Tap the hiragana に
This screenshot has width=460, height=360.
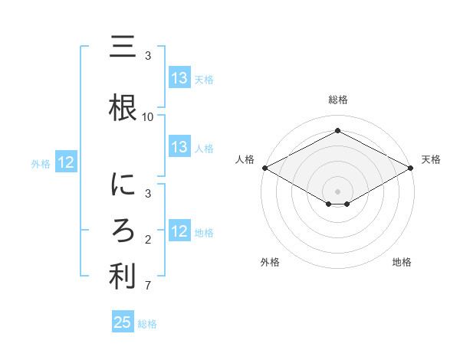tap(123, 185)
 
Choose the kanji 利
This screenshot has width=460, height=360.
tap(123, 277)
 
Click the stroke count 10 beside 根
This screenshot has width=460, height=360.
tap(148, 116)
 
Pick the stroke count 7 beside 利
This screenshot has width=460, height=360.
tap(148, 286)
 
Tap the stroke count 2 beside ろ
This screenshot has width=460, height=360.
tap(148, 241)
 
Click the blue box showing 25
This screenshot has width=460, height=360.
tap(123, 322)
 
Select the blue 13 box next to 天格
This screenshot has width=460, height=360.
tap(179, 78)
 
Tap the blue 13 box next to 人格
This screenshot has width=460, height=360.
tap(179, 148)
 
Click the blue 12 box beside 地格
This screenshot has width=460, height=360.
tap(179, 231)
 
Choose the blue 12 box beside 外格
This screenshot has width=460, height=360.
tap(65, 162)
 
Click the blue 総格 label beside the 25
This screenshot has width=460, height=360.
tap(147, 324)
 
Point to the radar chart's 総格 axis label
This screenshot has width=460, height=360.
tap(337, 100)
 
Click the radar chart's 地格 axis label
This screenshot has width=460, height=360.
tap(402, 263)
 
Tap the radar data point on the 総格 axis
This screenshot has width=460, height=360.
tap(337, 131)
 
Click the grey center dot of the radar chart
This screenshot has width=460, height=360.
tap(337, 191)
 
